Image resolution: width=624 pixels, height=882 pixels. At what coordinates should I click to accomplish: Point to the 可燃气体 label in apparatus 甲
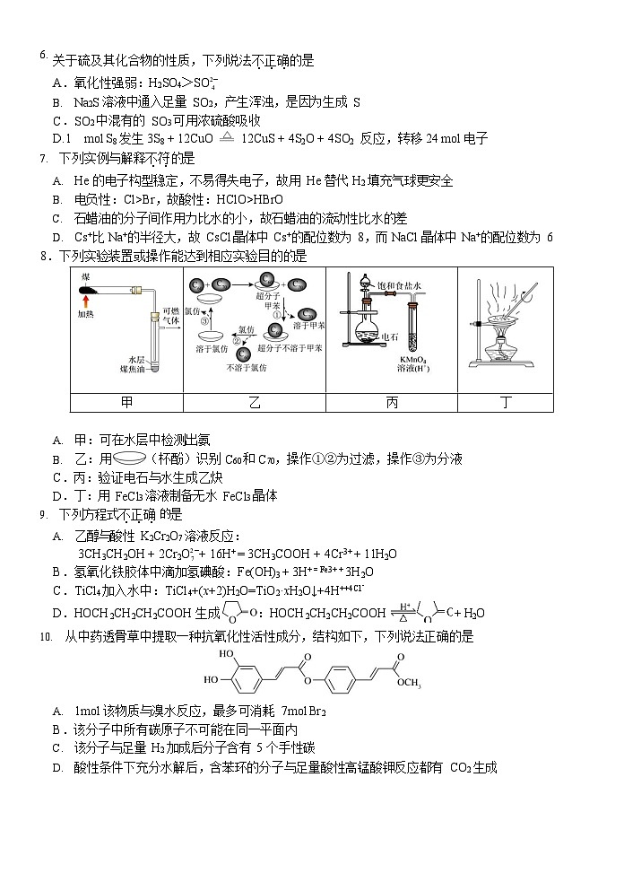click(x=170, y=315)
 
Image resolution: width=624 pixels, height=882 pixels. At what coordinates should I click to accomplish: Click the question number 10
click(x=46, y=636)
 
